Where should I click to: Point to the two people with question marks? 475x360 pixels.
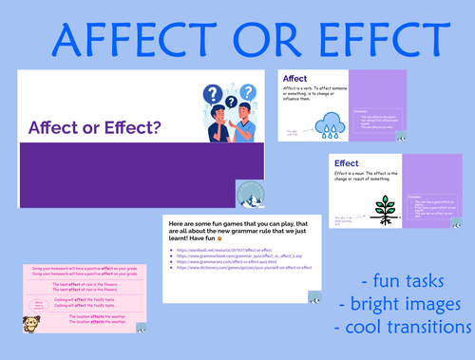point(221,114)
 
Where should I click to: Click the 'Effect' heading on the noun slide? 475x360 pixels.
point(347,163)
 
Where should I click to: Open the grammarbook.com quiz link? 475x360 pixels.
point(238,255)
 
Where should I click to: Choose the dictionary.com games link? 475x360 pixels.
point(244,268)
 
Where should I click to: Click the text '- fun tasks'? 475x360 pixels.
point(402,282)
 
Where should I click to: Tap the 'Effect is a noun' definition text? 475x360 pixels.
point(375,177)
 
